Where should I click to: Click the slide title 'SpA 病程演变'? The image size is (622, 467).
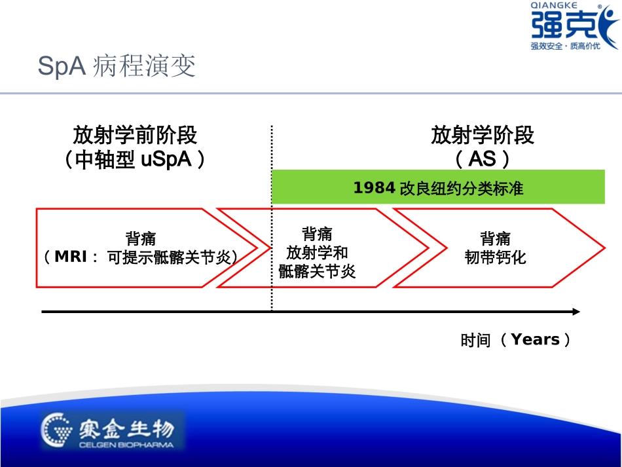[x=117, y=67]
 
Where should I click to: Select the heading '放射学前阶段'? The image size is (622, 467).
[x=135, y=136]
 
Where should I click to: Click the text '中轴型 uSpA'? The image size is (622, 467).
[x=134, y=160]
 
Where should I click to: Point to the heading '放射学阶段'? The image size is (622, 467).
[x=483, y=136]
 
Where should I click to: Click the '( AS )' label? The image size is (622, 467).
[x=483, y=160]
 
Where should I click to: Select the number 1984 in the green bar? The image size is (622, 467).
[x=374, y=189]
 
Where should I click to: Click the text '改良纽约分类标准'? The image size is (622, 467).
[x=461, y=189]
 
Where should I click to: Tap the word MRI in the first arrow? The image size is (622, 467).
[x=71, y=257]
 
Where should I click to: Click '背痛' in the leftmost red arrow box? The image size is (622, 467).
[x=141, y=238]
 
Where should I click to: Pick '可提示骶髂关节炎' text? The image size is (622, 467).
[x=172, y=257]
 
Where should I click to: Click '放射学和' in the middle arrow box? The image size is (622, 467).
[x=317, y=253]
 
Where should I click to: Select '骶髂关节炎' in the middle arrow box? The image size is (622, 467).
[x=317, y=271]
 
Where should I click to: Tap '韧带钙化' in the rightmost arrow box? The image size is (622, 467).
[x=495, y=257]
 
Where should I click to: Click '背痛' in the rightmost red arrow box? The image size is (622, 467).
[x=495, y=238]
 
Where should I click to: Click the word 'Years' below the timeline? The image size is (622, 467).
[x=535, y=340]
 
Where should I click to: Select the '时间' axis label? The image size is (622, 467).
[x=475, y=341]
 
